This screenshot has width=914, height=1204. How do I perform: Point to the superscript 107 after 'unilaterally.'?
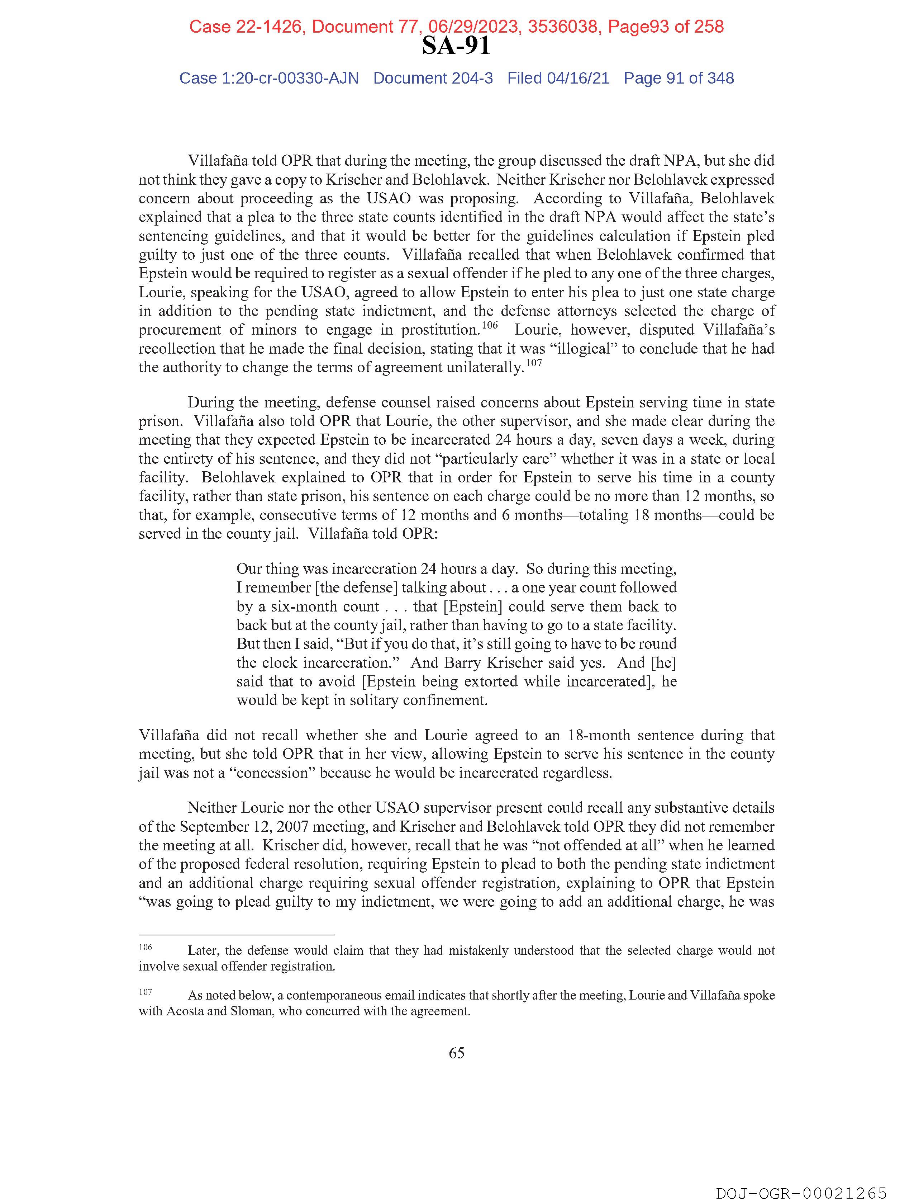[534, 363]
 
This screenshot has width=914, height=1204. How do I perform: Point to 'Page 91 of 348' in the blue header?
[679, 79]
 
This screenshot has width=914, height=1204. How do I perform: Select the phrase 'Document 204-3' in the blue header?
[433, 79]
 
